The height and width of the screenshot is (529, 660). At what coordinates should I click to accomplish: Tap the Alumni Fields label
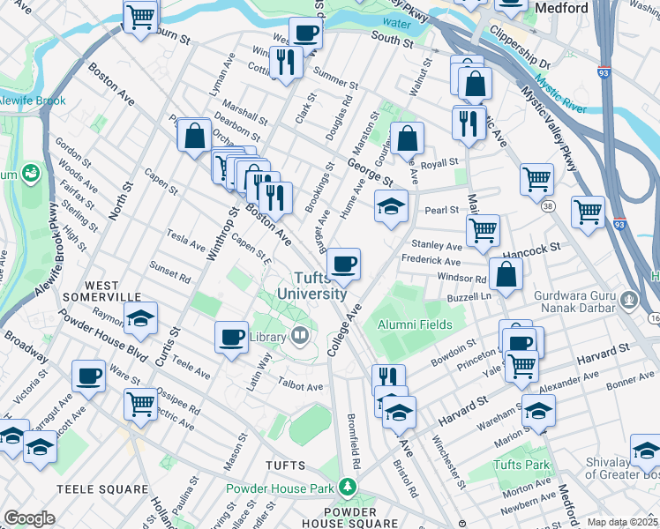click(416, 324)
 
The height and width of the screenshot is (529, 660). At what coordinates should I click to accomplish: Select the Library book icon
click(300, 335)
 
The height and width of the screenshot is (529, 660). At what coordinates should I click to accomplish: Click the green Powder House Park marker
click(349, 487)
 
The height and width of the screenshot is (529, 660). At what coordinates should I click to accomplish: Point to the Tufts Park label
click(521, 465)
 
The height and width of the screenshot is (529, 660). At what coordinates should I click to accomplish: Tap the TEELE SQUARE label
click(101, 488)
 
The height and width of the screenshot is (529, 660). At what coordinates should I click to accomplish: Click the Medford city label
click(562, 8)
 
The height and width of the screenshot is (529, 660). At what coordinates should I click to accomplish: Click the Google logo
click(29, 518)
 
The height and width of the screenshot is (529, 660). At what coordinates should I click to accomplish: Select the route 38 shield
click(549, 205)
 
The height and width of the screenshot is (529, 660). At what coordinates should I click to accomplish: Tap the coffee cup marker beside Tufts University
click(343, 263)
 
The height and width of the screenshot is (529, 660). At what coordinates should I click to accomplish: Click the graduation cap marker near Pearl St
click(391, 205)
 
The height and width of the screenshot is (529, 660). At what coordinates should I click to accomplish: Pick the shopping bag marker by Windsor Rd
click(506, 274)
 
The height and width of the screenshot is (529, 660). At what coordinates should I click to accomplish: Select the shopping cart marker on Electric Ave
click(141, 404)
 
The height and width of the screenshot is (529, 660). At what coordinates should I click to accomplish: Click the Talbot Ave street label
click(302, 386)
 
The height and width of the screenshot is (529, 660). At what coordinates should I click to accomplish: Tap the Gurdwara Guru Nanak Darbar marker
click(627, 299)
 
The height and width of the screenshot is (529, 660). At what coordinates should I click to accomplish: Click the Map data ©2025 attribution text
click(621, 522)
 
